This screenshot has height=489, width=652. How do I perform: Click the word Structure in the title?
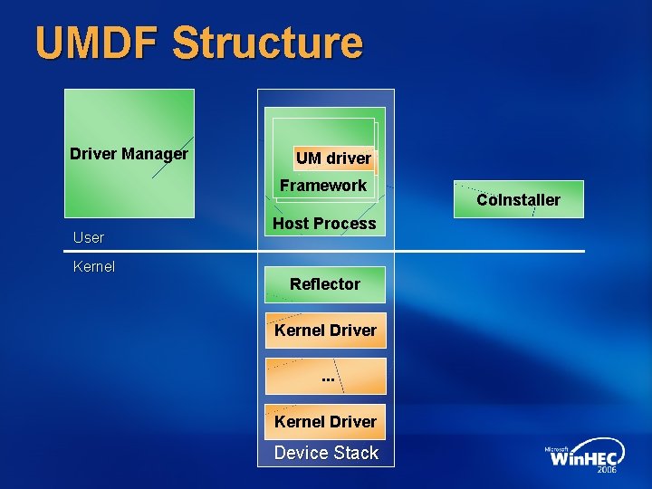tap(267, 43)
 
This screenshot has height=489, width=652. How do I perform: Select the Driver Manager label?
tap(129, 154)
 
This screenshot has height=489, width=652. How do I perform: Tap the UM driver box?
tap(333, 158)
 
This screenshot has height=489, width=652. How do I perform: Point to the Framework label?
tap(323, 186)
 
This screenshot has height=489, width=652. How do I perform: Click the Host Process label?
tap(324, 224)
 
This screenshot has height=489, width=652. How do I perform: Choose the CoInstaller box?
tap(519, 199)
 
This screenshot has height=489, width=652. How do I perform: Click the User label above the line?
tap(89, 237)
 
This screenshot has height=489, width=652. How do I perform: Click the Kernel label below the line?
tap(94, 267)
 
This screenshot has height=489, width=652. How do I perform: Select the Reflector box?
tap(325, 284)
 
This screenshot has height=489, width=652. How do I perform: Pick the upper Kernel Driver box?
tap(325, 331)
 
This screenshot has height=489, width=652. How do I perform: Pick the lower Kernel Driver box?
tap(325, 421)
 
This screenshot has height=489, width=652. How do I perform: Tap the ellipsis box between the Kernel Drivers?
tap(326, 376)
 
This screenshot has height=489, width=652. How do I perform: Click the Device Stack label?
tap(326, 453)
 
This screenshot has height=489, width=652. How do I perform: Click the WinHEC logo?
tap(584, 458)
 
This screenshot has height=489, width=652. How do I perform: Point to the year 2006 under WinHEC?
tap(608, 471)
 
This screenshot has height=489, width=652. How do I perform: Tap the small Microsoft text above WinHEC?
tap(558, 448)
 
